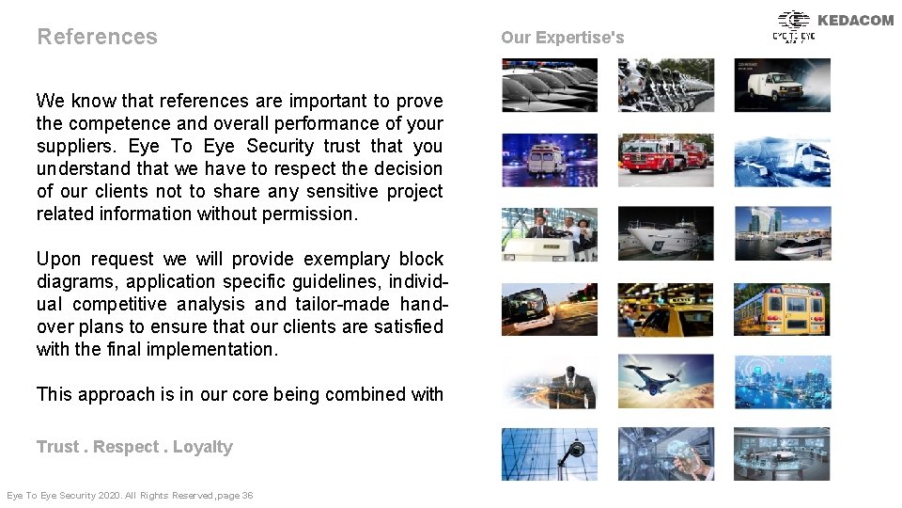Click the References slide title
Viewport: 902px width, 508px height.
tap(97, 37)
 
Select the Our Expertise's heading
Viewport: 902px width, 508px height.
tap(562, 38)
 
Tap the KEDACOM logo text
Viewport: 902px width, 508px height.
tap(855, 20)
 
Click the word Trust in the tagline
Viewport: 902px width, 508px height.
tap(57, 447)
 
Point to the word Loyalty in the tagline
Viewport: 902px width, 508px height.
tap(202, 447)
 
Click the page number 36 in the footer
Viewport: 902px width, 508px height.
tap(247, 496)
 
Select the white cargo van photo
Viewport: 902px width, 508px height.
tap(782, 85)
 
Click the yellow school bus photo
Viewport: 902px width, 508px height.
tap(782, 310)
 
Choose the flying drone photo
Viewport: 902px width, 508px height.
tap(665, 381)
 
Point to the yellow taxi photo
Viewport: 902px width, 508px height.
tap(665, 310)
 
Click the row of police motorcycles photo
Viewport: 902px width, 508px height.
tap(665, 85)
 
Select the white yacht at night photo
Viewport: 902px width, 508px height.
tap(665, 234)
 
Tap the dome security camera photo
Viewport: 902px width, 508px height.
tap(549, 454)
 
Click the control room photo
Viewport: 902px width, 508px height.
tap(782, 454)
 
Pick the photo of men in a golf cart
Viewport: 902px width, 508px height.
tap(549, 234)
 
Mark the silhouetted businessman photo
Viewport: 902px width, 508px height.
tap(549, 381)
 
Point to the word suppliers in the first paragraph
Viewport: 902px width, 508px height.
tap(78, 146)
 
